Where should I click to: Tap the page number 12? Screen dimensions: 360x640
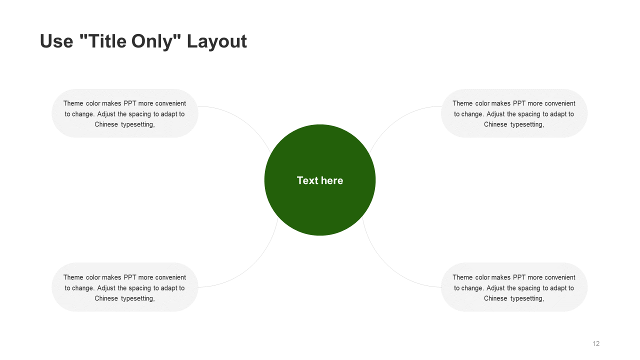click(x=596, y=343)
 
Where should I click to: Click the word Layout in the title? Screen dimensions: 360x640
click(x=217, y=41)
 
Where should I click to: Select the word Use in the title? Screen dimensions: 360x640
click(x=56, y=41)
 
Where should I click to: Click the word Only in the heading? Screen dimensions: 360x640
click(x=155, y=41)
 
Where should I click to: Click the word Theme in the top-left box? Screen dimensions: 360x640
click(x=73, y=103)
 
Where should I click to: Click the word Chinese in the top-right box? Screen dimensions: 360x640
click(x=495, y=124)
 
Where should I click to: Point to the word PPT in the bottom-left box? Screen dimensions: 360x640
click(x=130, y=277)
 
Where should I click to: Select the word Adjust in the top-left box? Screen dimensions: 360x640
click(x=106, y=114)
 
